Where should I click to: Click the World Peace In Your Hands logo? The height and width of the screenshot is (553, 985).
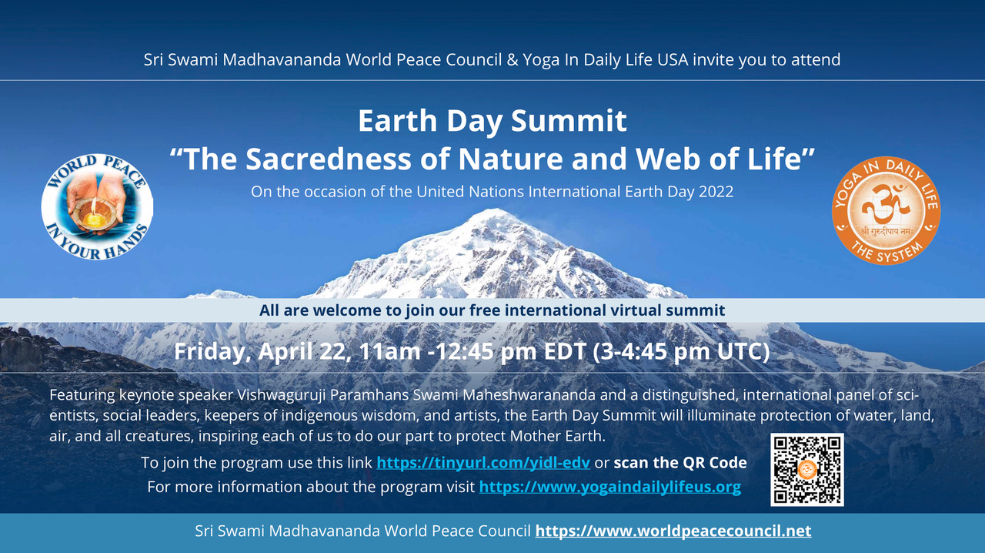[97, 206]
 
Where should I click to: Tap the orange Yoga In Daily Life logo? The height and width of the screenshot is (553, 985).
[886, 209]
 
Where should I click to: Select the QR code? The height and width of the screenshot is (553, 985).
[806, 469]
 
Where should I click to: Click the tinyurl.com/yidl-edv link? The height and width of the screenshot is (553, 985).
[483, 463]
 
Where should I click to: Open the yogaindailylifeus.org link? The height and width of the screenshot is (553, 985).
[609, 487]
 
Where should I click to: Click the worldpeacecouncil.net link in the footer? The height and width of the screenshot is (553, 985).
[673, 531]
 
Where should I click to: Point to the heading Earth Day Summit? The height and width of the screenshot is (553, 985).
[492, 121]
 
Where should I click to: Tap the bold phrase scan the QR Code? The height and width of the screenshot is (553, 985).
[680, 463]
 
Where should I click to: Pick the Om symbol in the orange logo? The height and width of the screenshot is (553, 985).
[886, 205]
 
